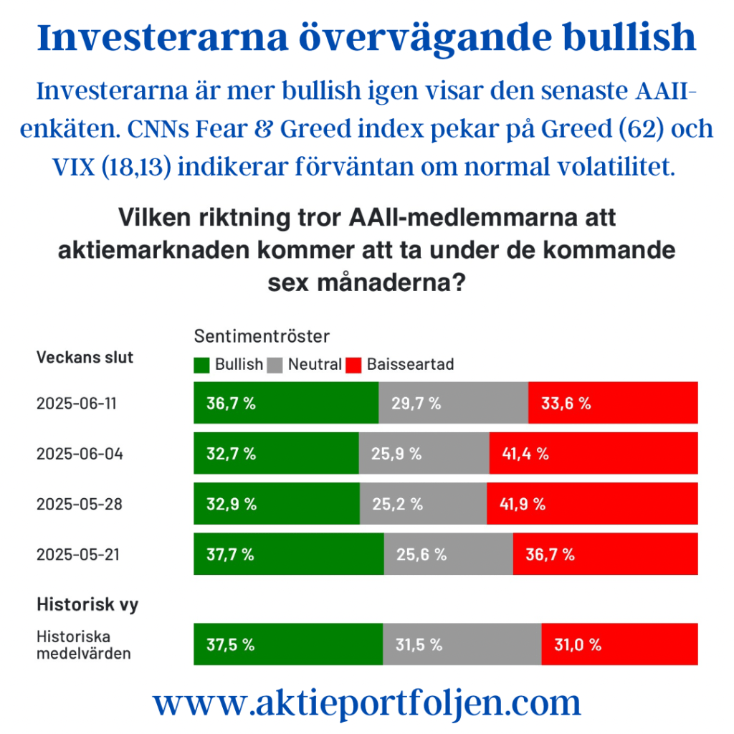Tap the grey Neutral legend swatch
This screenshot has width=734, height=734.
276,365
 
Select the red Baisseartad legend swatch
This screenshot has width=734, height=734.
354,365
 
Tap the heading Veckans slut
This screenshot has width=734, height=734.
85,357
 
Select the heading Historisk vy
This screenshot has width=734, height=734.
87,604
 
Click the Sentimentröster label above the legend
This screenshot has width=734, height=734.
262,335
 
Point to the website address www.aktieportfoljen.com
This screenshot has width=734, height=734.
366,703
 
